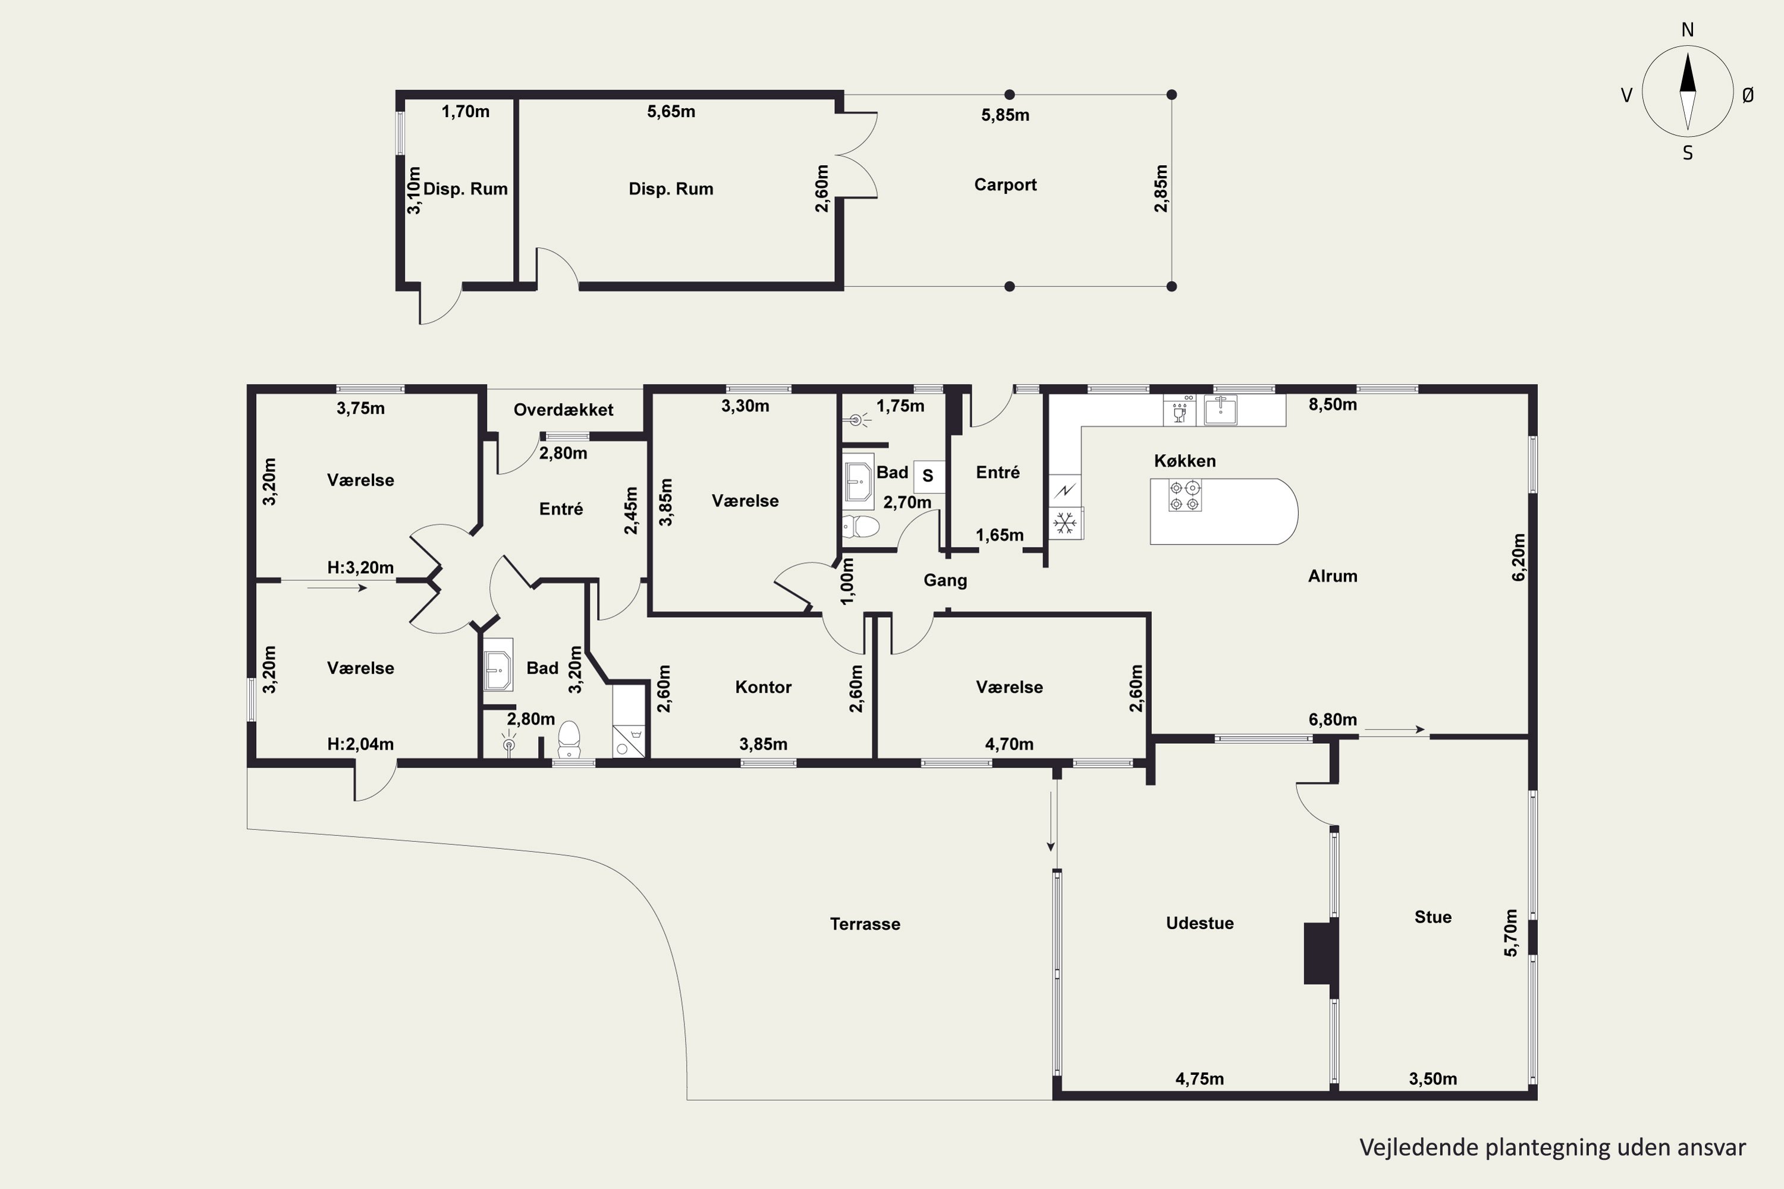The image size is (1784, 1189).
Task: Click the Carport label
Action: (1005, 184)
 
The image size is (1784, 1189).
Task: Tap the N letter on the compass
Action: (1688, 30)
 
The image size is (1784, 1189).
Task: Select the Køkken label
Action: (1185, 460)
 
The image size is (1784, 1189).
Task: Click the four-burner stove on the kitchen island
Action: (1185, 496)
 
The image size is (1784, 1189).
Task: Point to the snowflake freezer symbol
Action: (1066, 523)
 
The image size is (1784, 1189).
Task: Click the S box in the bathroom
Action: (928, 476)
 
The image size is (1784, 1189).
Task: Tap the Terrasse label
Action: (865, 924)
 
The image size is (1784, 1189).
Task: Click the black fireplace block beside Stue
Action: (1321, 952)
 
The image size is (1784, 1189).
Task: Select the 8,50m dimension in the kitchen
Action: (1333, 404)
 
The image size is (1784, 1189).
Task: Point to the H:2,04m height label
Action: (360, 744)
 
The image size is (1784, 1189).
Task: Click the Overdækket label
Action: (564, 410)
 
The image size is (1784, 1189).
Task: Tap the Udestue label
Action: (1200, 923)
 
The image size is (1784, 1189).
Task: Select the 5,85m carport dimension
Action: (1005, 115)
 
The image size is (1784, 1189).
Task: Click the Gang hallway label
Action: (945, 580)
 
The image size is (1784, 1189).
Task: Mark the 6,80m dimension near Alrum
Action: (1333, 719)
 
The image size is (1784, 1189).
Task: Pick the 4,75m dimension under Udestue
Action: (1200, 1078)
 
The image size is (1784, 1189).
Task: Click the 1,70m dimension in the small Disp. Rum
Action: (466, 112)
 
